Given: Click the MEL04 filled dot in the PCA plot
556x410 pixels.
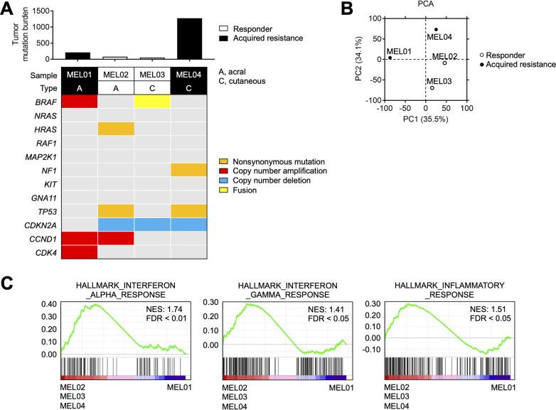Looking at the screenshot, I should (436, 30).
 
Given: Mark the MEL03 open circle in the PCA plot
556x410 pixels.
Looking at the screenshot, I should (432, 87).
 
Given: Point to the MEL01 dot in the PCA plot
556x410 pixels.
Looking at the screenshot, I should (390, 58).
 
